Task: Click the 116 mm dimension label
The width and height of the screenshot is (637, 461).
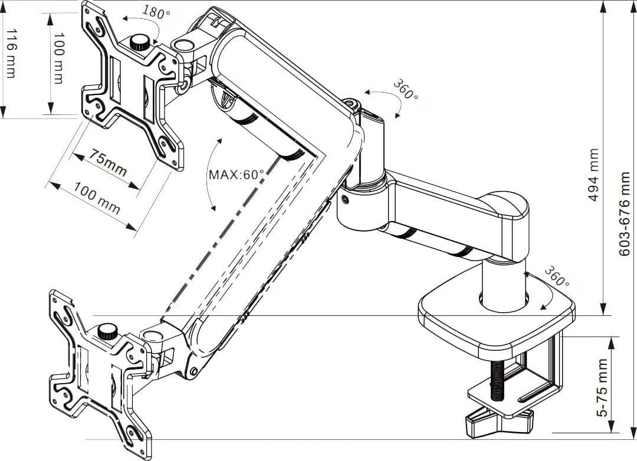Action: (x=11, y=53)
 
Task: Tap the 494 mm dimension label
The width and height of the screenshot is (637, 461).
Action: (x=594, y=175)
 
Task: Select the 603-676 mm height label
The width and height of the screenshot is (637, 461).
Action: (x=624, y=214)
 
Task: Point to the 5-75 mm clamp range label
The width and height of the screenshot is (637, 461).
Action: (x=603, y=387)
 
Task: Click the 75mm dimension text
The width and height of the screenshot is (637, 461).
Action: (x=108, y=162)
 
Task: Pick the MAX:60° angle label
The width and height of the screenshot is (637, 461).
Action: (x=237, y=174)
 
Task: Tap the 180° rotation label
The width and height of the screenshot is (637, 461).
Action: (x=156, y=12)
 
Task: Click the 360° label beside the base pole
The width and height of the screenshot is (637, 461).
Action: (x=556, y=276)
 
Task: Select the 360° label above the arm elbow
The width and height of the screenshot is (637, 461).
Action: (x=405, y=90)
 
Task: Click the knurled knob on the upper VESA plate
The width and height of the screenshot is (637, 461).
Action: (x=140, y=42)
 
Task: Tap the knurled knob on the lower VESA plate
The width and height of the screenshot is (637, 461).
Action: (x=108, y=331)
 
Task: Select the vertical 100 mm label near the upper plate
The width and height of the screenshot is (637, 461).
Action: (x=59, y=58)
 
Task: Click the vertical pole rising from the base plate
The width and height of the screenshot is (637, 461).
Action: (x=504, y=284)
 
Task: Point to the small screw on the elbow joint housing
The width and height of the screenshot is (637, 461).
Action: (x=345, y=199)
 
